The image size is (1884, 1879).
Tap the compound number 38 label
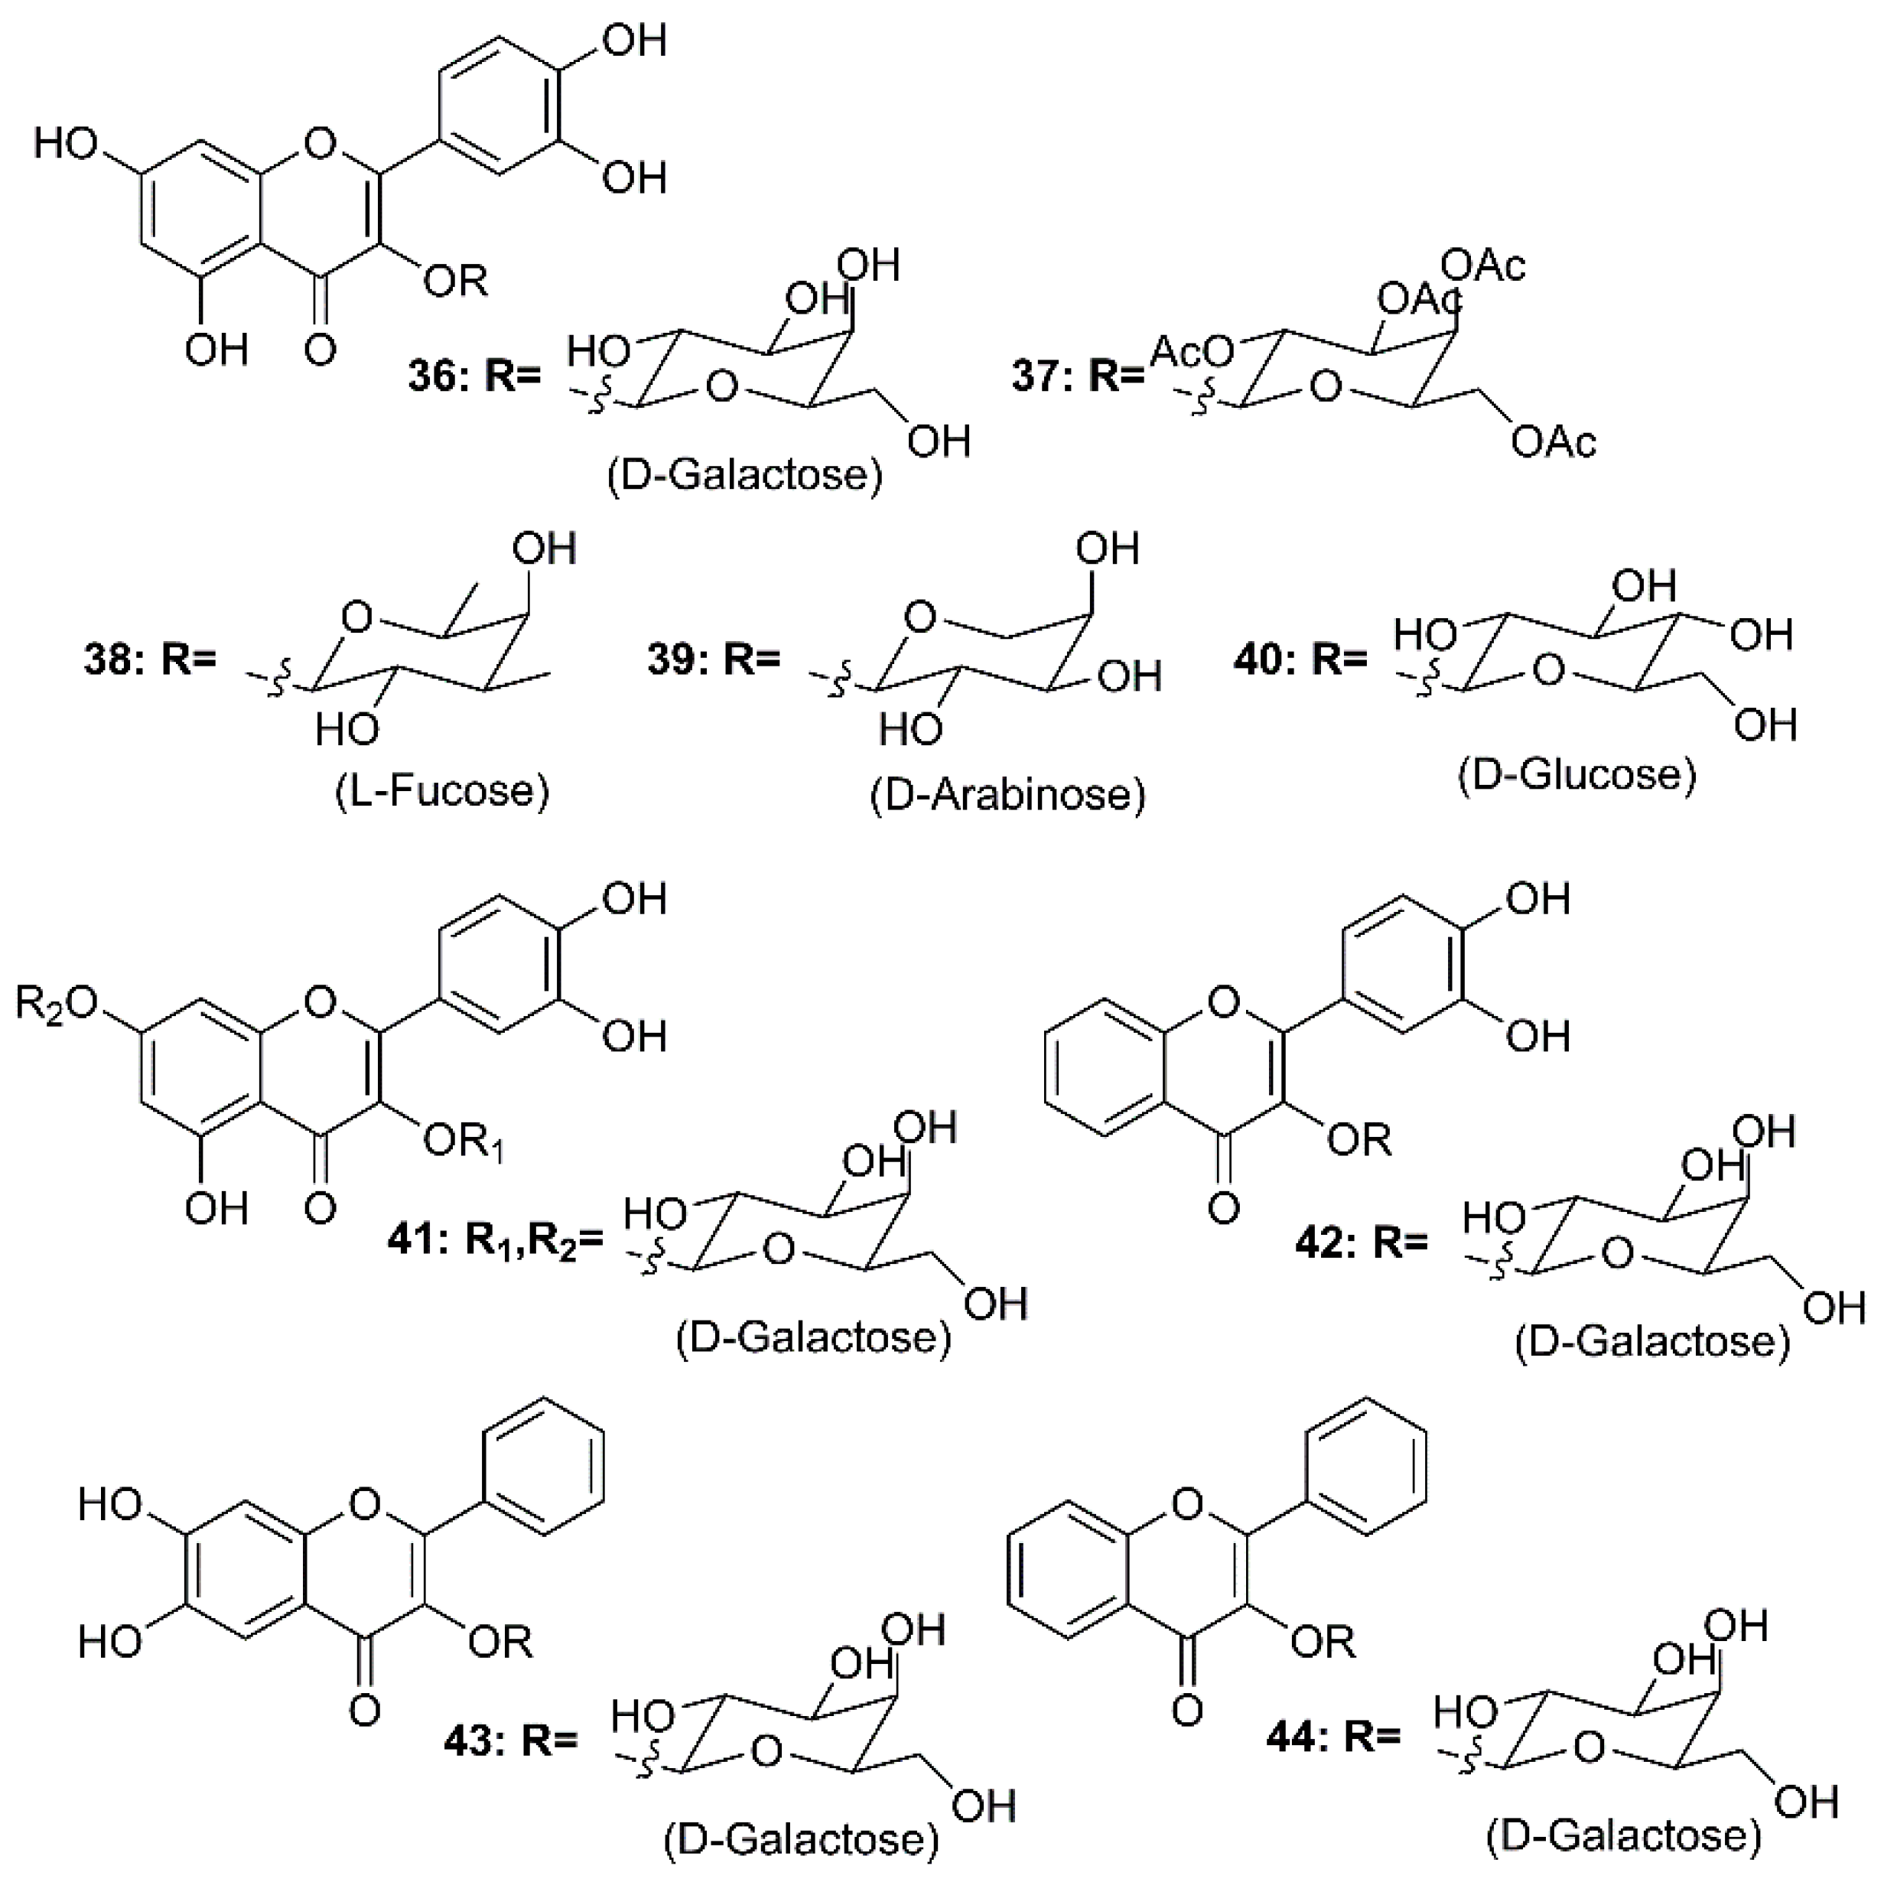point(106,660)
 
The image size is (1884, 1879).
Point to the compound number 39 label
point(670,660)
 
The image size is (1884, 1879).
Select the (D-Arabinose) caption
point(1007,795)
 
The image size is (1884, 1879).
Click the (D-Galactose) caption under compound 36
point(744,475)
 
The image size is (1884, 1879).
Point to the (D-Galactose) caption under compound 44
point(1624,1835)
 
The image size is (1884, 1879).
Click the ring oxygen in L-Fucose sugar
point(357,617)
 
